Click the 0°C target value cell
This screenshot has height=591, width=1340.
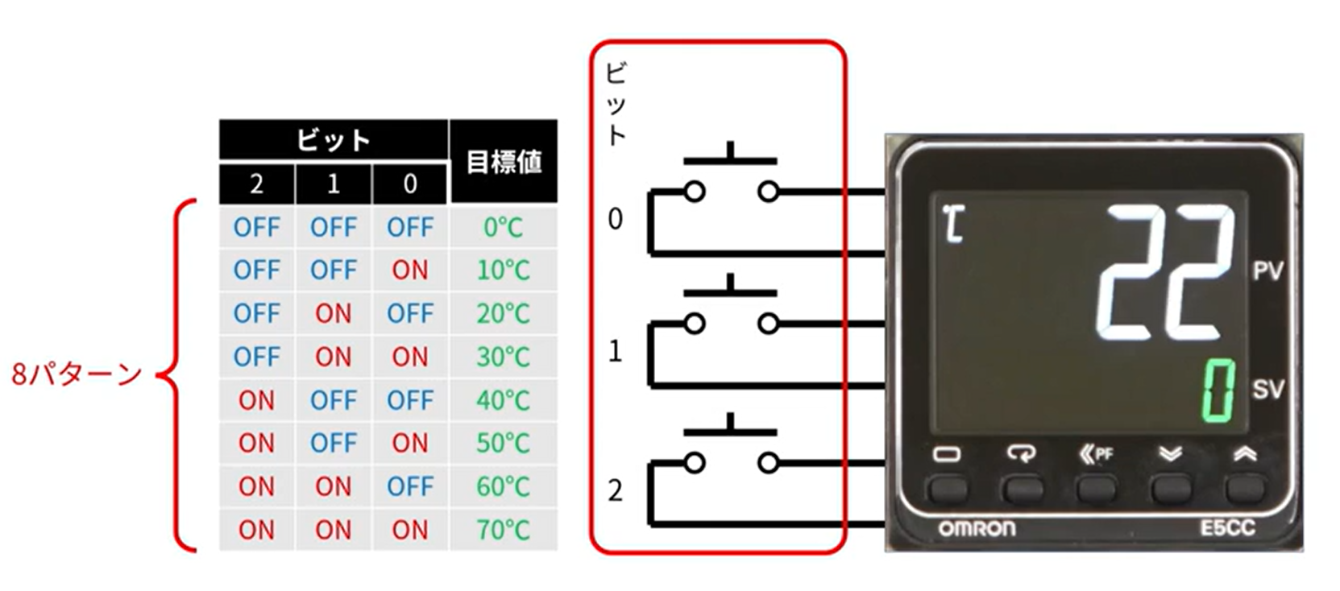pyautogui.click(x=503, y=227)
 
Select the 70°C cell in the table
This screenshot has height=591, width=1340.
pyautogui.click(x=503, y=530)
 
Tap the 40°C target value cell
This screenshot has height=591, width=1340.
pyautogui.click(x=503, y=400)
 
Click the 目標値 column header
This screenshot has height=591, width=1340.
pyautogui.click(x=504, y=161)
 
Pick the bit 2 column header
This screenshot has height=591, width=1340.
pyautogui.click(x=256, y=184)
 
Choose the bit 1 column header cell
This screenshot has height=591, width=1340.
pyautogui.click(x=334, y=184)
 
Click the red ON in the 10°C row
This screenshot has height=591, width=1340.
pyautogui.click(x=410, y=270)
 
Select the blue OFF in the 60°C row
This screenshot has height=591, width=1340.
pyautogui.click(x=410, y=486)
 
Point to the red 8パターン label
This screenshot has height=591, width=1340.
pyautogui.click(x=77, y=374)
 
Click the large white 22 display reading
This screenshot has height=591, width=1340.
pyautogui.click(x=1165, y=272)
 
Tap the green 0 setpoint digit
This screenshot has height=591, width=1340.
pyautogui.click(x=1218, y=391)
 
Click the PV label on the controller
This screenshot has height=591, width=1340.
pyautogui.click(x=1268, y=271)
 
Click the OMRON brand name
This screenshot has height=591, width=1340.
pyautogui.click(x=977, y=528)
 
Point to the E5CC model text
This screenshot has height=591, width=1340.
pyautogui.click(x=1227, y=527)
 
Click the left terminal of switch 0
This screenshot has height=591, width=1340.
pyautogui.click(x=695, y=192)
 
